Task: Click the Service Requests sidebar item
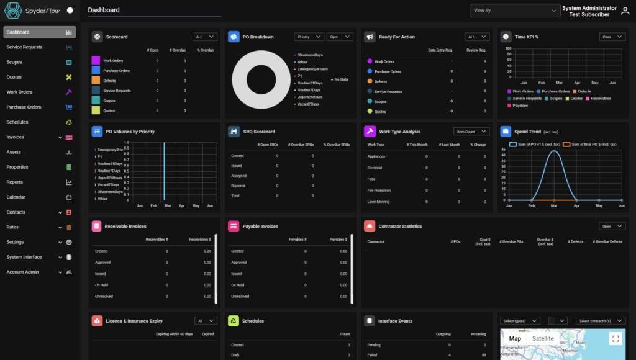tap(25, 47)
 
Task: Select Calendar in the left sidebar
tap(16, 197)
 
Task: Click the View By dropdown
tap(515, 11)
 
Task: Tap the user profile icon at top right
tap(625, 11)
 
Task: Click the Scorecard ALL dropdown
tap(204, 37)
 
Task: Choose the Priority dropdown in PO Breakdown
tap(309, 37)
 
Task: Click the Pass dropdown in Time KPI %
tap(612, 37)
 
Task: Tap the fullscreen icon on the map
tap(616, 339)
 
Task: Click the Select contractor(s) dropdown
tap(601, 321)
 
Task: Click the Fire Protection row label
tap(379, 191)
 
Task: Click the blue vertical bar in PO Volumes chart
tap(164, 171)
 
